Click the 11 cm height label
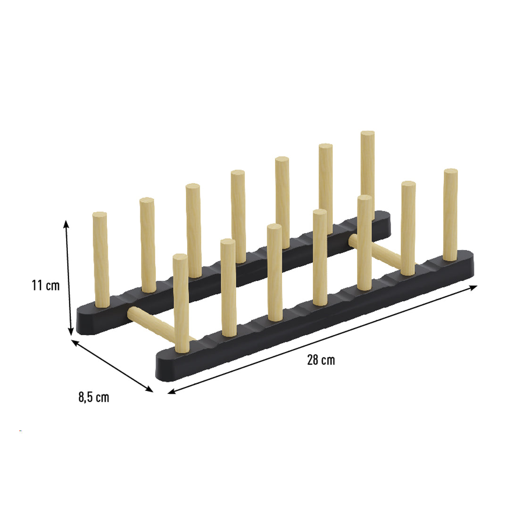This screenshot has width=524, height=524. [x=46, y=285]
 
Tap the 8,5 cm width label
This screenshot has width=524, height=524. [x=93, y=397]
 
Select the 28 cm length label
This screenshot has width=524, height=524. [x=321, y=360]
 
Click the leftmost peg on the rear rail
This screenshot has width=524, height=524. [x=100, y=259]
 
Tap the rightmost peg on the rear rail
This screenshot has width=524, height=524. [x=367, y=175]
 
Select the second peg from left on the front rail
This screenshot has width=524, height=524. [x=228, y=288]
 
